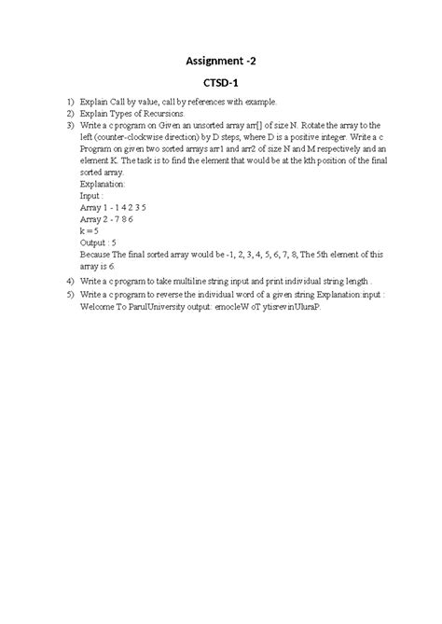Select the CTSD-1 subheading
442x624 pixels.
click(x=222, y=83)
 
